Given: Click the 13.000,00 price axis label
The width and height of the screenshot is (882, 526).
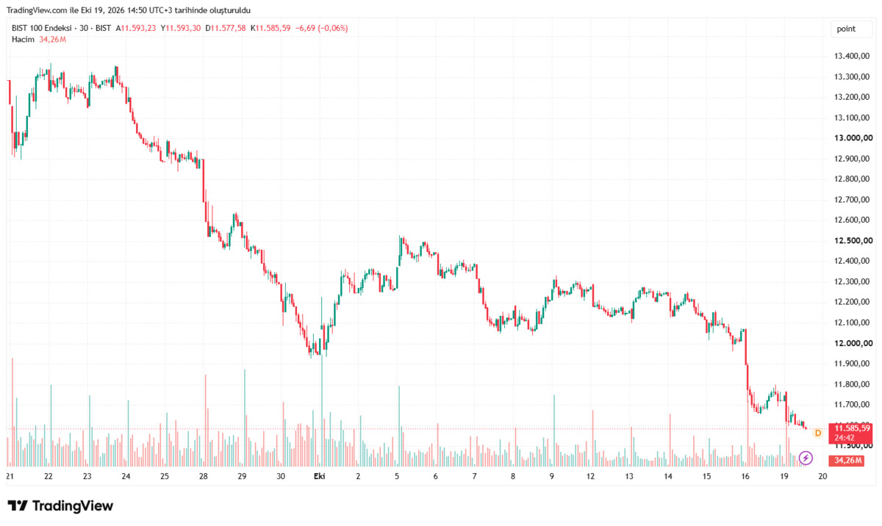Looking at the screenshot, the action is (x=853, y=138).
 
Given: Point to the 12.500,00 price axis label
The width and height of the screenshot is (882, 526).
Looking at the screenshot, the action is (x=853, y=241).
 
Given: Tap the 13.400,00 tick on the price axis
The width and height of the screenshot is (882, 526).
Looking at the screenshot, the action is (x=852, y=57).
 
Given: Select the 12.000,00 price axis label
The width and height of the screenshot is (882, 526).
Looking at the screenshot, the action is (x=853, y=344).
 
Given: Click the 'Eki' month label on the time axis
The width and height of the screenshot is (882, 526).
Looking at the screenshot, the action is (x=319, y=477).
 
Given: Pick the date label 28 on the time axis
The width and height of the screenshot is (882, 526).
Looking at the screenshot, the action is (x=203, y=477).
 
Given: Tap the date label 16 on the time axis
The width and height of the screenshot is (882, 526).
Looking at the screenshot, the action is (x=745, y=477).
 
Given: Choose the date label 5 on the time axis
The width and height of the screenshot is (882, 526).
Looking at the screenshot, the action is (x=397, y=477).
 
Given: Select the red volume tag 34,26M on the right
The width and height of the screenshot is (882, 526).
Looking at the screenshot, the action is (x=847, y=461).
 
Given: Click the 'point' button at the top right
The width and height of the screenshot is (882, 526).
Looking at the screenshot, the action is (x=851, y=29).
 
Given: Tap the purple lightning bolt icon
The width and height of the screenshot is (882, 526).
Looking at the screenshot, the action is (x=806, y=458).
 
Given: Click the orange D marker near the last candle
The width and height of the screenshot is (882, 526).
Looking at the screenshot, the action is (x=818, y=433).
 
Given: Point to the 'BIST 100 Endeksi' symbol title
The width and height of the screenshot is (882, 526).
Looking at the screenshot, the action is (x=42, y=29).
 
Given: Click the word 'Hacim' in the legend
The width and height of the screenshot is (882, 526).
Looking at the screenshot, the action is (x=23, y=40).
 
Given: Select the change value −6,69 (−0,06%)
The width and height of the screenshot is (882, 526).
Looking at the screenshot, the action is (x=322, y=29).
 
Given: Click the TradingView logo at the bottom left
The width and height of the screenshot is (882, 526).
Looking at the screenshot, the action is (x=60, y=505).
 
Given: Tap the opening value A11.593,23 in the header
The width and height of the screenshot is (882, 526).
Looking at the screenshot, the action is (x=135, y=29).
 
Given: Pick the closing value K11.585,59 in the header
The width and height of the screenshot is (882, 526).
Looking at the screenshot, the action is (x=270, y=29).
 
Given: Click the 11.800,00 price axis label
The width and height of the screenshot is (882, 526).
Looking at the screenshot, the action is (x=852, y=384).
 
